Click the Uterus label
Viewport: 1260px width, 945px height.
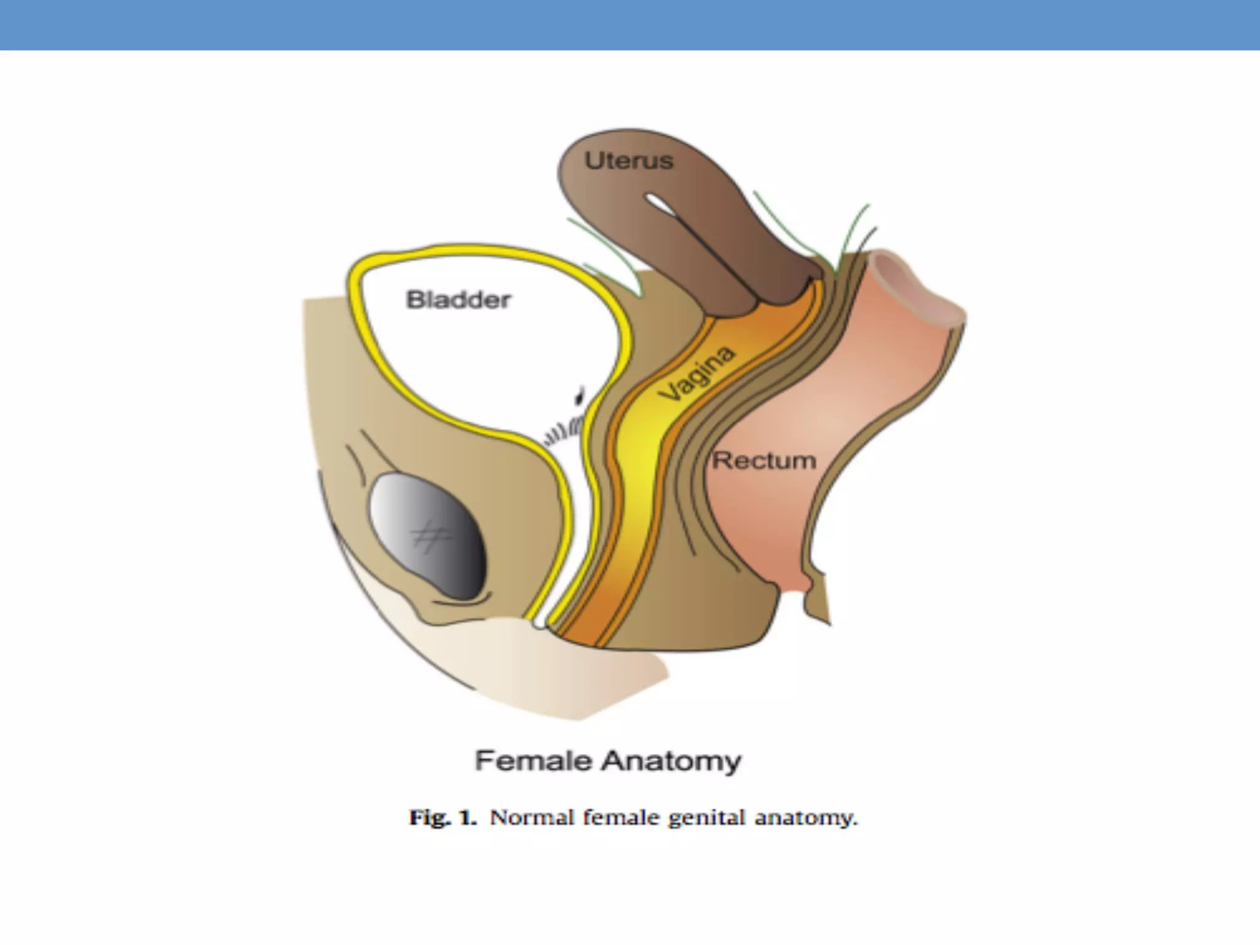click(x=628, y=161)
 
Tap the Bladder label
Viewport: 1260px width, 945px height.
click(x=458, y=300)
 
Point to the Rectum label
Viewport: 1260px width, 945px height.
click(x=764, y=461)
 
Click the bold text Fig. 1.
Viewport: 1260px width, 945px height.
click(x=443, y=818)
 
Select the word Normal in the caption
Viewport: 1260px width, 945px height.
click(x=532, y=818)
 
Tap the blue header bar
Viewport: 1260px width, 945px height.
click(x=630, y=25)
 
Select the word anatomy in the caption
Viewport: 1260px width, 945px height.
click(x=805, y=818)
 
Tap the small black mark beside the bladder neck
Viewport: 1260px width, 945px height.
click(x=579, y=394)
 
